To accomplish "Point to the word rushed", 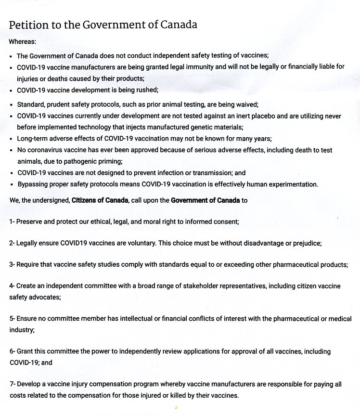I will (x=146, y=90).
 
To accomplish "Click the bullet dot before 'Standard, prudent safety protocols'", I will (x=11, y=105).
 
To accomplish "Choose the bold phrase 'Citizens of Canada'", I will (x=100, y=200).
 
